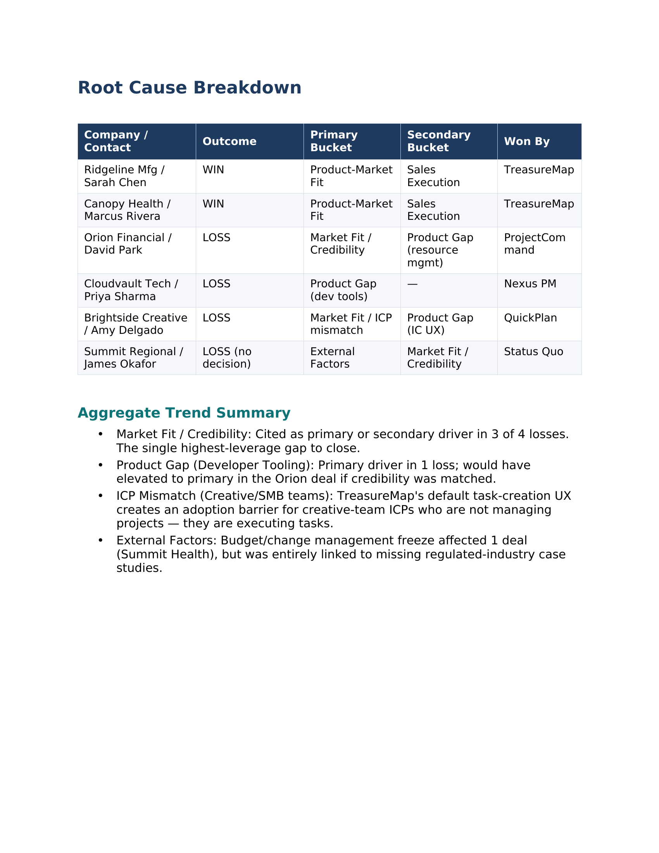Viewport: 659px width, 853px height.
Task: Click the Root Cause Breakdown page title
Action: pyautogui.click(x=189, y=88)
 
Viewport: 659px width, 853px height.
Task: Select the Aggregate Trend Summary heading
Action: pyautogui.click(x=184, y=413)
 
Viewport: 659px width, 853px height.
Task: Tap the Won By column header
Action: pyautogui.click(x=527, y=142)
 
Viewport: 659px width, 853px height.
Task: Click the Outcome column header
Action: pyautogui.click(x=229, y=142)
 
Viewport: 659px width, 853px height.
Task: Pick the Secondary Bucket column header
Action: pyautogui.click(x=438, y=141)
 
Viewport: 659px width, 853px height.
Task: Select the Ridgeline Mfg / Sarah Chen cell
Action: pyautogui.click(x=124, y=176)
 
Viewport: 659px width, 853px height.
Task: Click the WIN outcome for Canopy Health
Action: pyautogui.click(x=213, y=204)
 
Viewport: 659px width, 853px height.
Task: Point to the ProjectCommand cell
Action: pyautogui.click(x=535, y=244)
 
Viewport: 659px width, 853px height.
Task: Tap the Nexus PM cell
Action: pyautogui.click(x=530, y=284)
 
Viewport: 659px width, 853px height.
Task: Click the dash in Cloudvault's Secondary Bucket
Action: pyautogui.click(x=412, y=284)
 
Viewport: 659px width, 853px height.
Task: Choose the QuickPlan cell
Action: pyautogui.click(x=530, y=318)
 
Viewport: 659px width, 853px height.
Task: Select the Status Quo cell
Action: pyautogui.click(x=533, y=352)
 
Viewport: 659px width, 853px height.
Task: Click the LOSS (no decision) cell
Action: pyautogui.click(x=227, y=358)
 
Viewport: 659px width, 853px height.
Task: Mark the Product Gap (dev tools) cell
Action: pyautogui.click(x=343, y=290)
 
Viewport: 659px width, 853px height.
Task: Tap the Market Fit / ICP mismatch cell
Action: pyautogui.click(x=350, y=324)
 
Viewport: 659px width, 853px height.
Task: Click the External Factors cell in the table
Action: pyautogui.click(x=332, y=358)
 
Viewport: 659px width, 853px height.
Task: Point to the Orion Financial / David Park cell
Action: pyautogui.click(x=128, y=244)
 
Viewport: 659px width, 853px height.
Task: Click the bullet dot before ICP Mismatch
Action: pyautogui.click(x=101, y=496)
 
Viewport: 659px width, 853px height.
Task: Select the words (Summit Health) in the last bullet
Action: pyautogui.click(x=167, y=554)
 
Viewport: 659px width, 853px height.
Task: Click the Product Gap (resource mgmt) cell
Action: pyautogui.click(x=440, y=250)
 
